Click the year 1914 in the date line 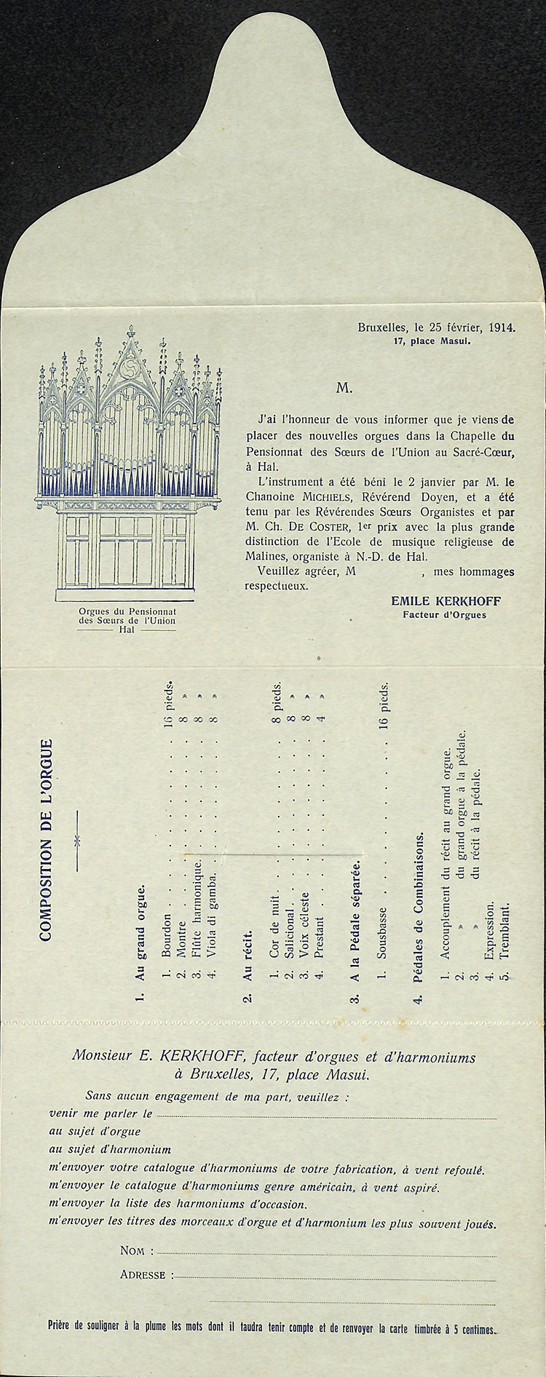click(x=502, y=328)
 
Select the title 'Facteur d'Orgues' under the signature click(x=444, y=614)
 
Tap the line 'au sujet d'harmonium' click(x=109, y=1150)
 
